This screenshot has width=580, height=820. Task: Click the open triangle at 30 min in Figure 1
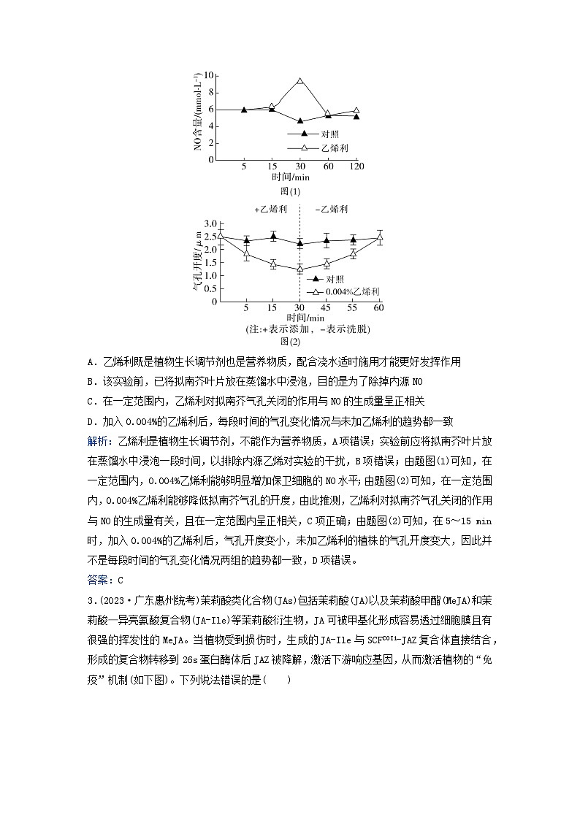[299, 81]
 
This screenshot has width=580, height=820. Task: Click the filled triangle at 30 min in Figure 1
[299, 120]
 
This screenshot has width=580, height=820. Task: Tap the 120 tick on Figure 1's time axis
[356, 166]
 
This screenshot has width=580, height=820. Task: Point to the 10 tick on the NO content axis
[209, 75]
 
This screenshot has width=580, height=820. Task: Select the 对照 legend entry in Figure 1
[329, 134]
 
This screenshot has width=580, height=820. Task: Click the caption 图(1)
[290, 191]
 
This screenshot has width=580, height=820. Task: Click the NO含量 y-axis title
[197, 117]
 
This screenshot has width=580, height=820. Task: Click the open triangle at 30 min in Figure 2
[299, 269]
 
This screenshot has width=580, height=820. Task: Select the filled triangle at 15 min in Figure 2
[273, 236]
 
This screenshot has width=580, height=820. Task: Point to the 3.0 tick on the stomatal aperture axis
[211, 223]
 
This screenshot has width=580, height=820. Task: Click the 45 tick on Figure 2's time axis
[326, 308]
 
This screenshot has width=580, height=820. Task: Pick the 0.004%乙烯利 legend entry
[354, 291]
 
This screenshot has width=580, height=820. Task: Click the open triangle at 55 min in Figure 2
[353, 253]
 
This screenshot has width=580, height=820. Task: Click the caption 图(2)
[290, 340]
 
